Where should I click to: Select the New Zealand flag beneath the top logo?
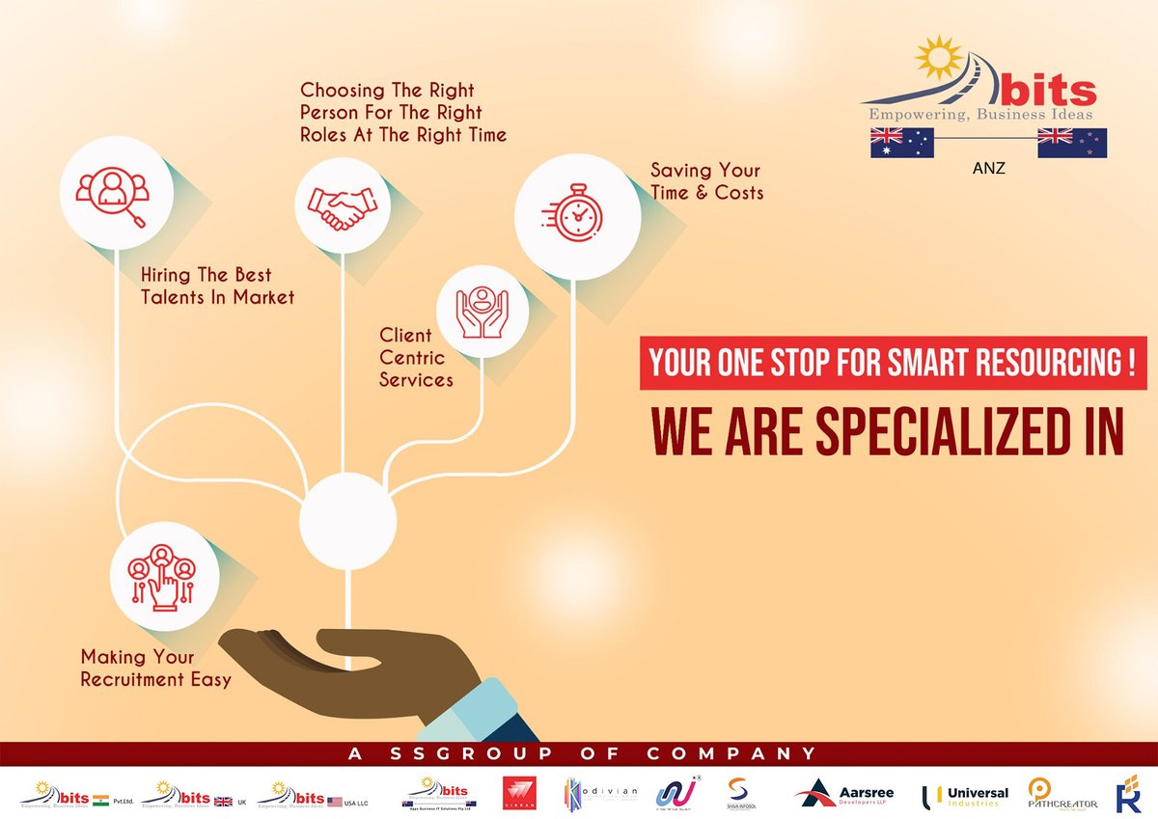pyautogui.click(x=1071, y=143)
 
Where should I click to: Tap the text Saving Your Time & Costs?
pyautogui.click(x=706, y=181)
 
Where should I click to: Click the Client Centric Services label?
pyautogui.click(x=415, y=357)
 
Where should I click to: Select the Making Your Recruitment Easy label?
pyautogui.click(x=155, y=669)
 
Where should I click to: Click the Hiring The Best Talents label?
pyautogui.click(x=217, y=286)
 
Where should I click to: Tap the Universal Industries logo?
pyautogui.click(x=965, y=794)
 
